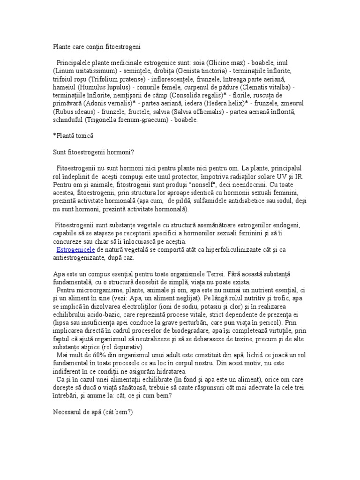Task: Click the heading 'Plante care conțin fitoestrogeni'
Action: coord(96,47)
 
